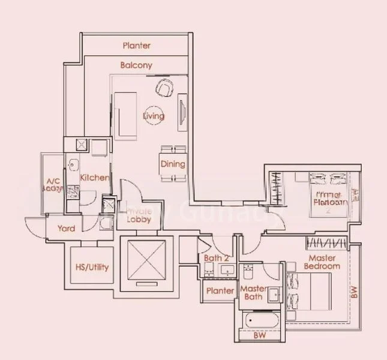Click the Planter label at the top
point(137,46)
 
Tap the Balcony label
point(136,65)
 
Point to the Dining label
point(172,164)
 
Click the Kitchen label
point(94,178)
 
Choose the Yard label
point(66,229)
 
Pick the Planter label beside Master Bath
point(220,290)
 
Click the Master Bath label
point(253,293)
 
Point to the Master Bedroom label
point(322,261)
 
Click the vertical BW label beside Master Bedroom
point(354,293)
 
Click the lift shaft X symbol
point(146,259)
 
